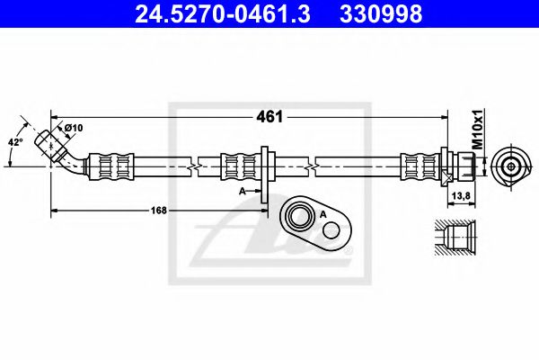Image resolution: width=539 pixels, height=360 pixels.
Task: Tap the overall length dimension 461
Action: [270, 116]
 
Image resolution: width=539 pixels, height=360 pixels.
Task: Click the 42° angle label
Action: [14, 141]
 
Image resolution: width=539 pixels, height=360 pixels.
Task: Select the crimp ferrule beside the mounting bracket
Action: [239, 166]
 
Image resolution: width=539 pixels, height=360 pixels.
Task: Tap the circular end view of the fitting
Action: [510, 166]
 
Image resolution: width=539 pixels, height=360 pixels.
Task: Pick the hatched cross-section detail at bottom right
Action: [459, 240]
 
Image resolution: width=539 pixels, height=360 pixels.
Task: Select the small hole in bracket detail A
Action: [331, 229]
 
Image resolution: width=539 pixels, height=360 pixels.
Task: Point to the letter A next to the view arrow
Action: [243, 191]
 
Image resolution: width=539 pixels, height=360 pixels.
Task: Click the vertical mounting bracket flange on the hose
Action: [266, 171]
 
